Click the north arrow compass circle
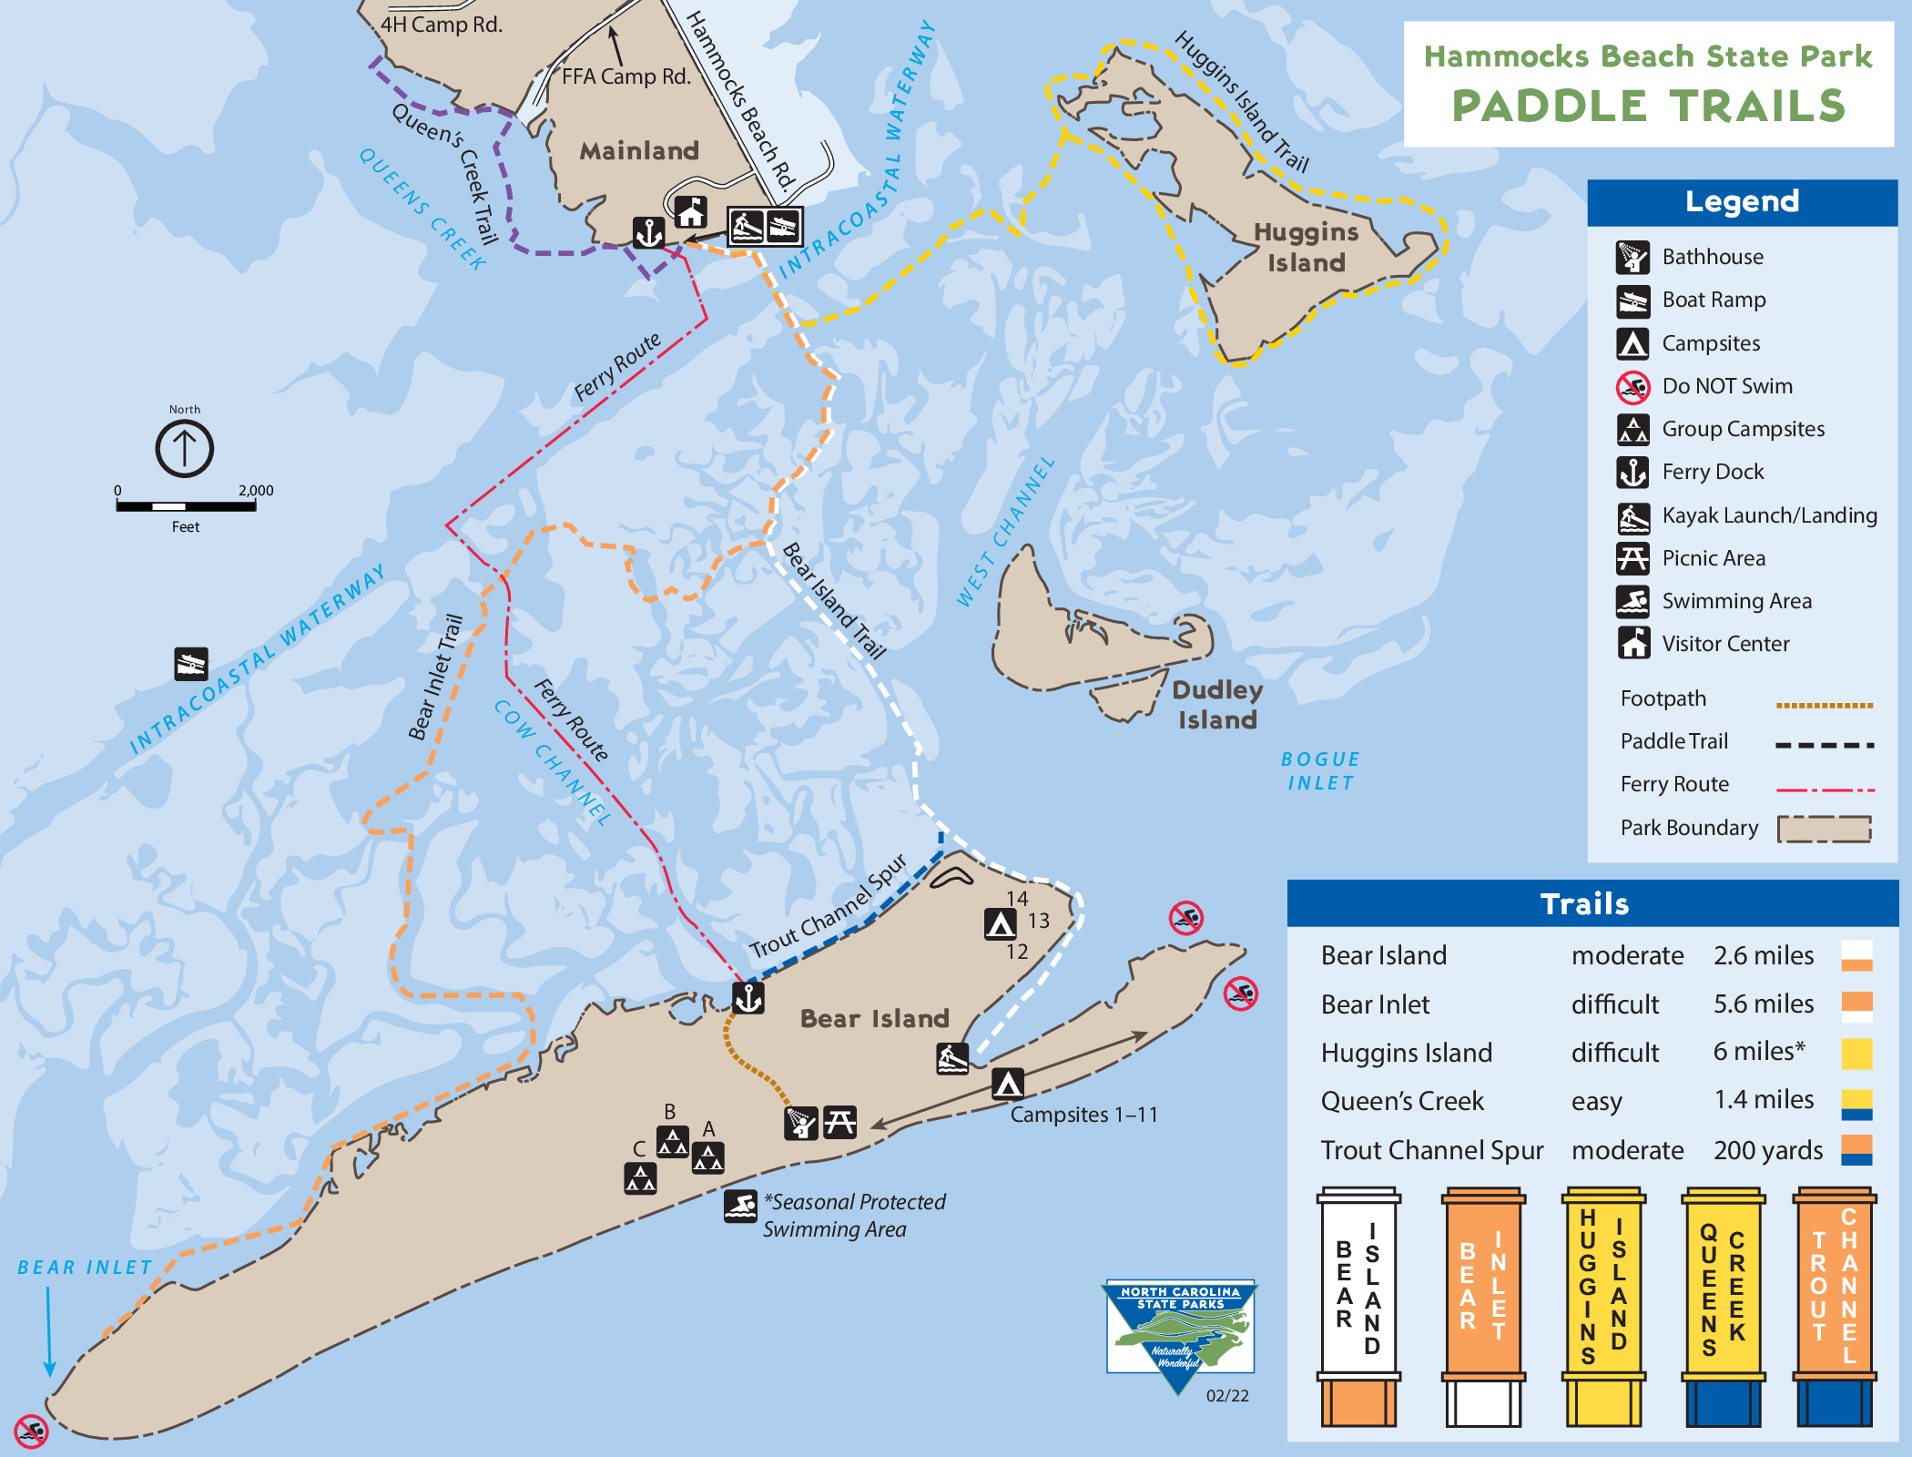click(184, 448)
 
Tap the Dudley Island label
click(1216, 705)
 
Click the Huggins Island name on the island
click(1306, 247)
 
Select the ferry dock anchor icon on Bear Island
click(748, 998)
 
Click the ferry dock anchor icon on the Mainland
click(648, 232)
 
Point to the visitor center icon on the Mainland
click(690, 212)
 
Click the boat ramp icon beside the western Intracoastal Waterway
click(191, 664)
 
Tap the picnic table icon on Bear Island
click(839, 1122)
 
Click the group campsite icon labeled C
click(640, 1177)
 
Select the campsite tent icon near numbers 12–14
click(1001, 923)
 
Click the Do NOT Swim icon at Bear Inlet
click(31, 1431)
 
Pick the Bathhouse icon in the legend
click(1632, 257)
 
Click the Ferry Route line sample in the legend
click(1825, 790)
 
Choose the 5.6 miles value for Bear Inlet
click(1763, 1004)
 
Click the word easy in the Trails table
click(1596, 1101)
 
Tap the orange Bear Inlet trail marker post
click(1482, 1302)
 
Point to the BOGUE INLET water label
click(1320, 770)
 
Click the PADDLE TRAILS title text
click(1648, 106)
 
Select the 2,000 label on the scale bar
click(256, 490)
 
